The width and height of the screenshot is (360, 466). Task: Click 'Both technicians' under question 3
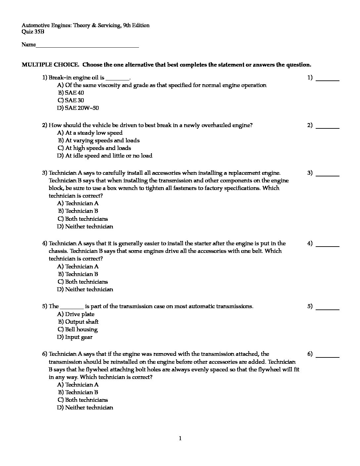click(x=86, y=219)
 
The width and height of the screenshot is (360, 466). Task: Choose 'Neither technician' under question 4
click(x=89, y=289)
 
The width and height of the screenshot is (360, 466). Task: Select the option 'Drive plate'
click(x=79, y=314)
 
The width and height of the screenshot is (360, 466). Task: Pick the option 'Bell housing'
click(x=81, y=329)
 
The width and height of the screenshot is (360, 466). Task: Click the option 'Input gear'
click(x=78, y=337)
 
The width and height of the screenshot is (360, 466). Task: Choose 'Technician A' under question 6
click(x=81, y=385)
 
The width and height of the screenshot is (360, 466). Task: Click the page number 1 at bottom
click(x=180, y=439)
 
